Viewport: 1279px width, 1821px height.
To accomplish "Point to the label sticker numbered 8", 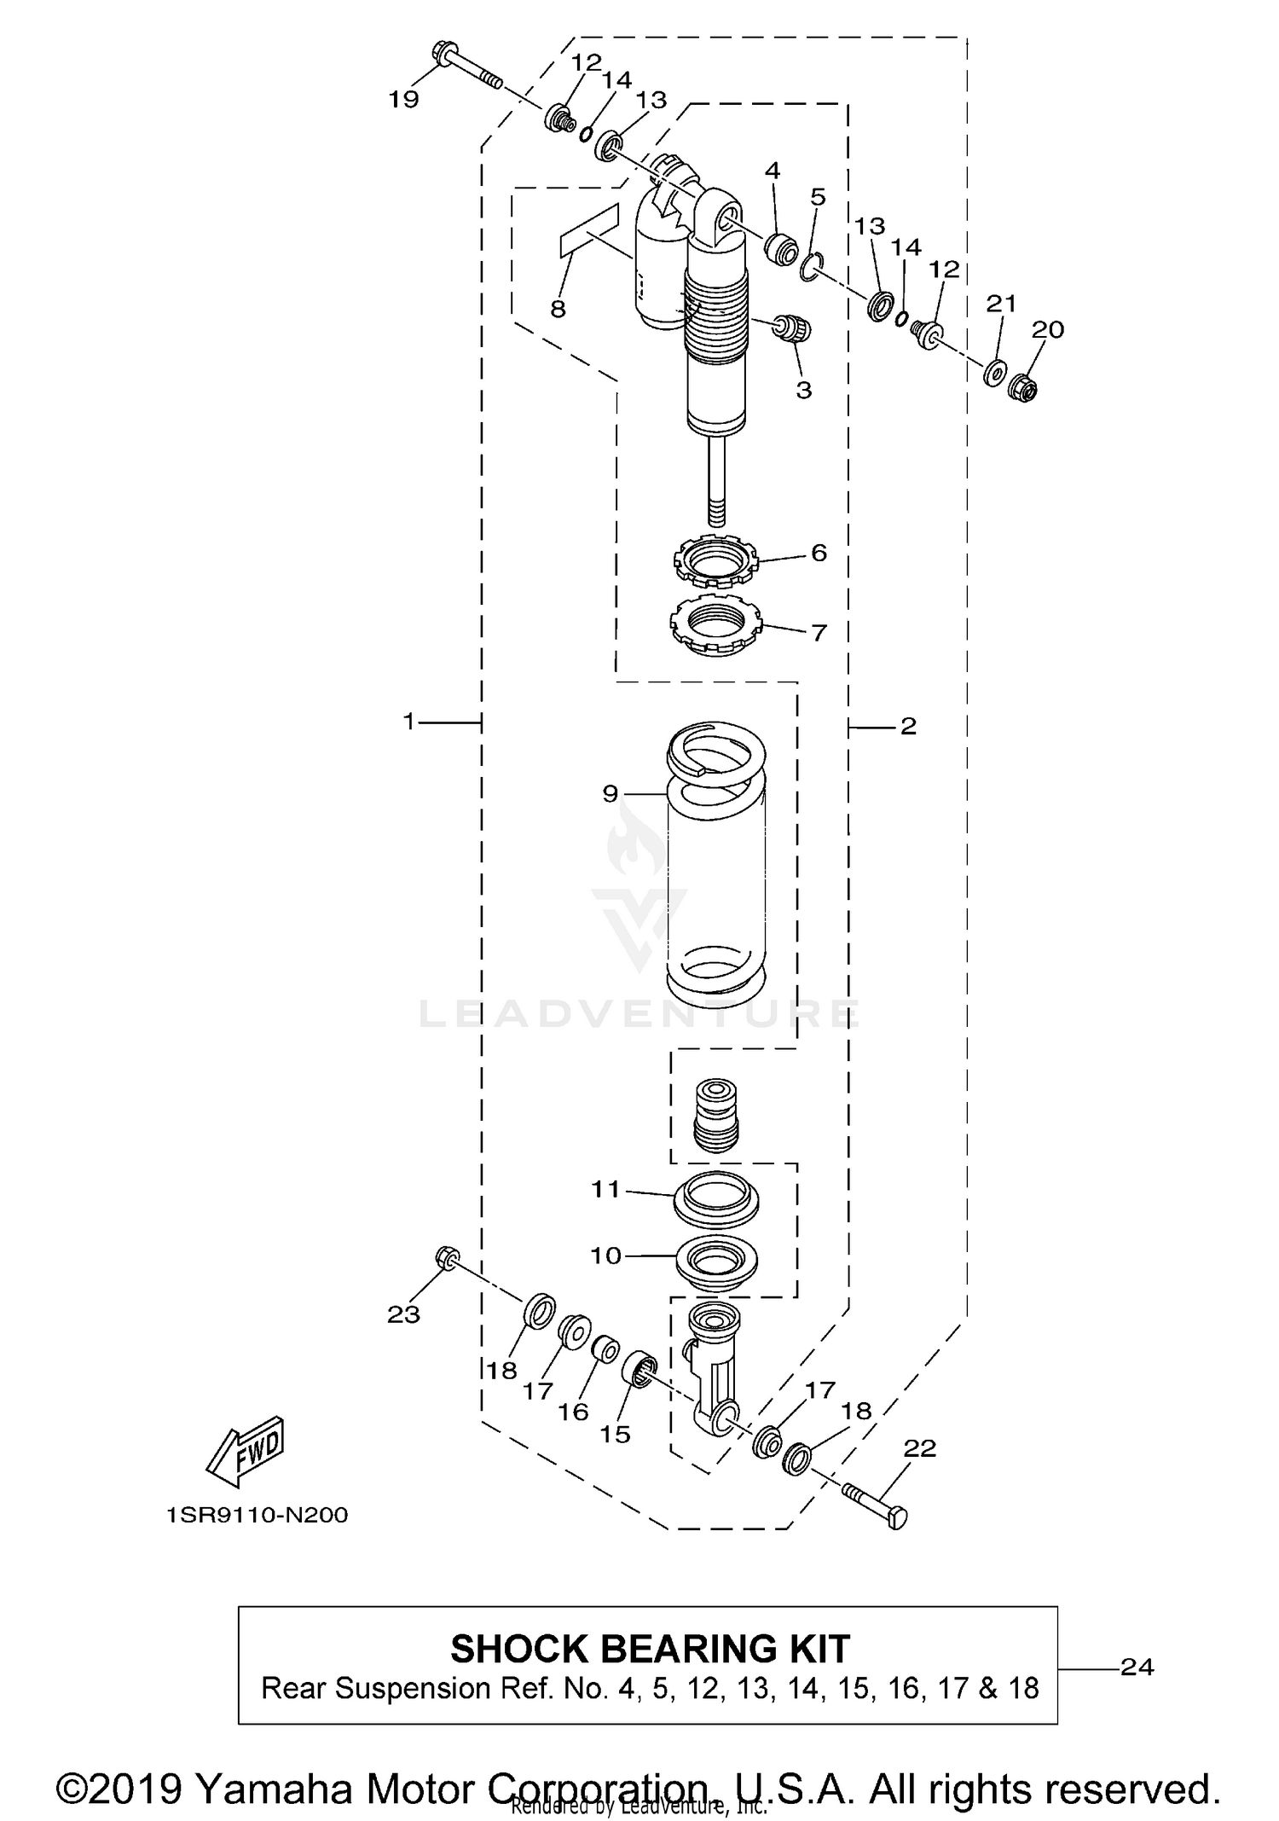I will [x=588, y=230].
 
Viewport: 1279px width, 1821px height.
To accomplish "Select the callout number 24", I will [x=1137, y=1666].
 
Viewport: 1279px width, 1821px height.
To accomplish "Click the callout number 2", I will [x=908, y=726].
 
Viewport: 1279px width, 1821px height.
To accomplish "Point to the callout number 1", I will [x=408, y=722].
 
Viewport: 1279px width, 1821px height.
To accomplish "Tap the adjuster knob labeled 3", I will [x=793, y=327].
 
